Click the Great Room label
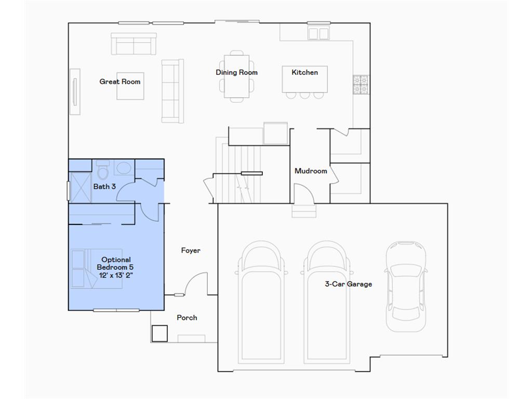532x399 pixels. [120, 82]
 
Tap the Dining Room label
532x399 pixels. [236, 72]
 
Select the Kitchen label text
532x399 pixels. [304, 72]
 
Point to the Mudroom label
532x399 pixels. [311, 171]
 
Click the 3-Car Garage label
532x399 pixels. [348, 284]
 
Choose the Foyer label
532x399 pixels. [191, 250]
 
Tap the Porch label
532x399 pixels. [187, 317]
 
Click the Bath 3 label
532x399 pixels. [104, 186]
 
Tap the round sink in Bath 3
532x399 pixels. [124, 168]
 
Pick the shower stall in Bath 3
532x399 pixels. [79, 187]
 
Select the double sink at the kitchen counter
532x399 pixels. [318, 34]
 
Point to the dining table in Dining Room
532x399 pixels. [236, 76]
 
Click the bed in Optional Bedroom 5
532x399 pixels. [96, 269]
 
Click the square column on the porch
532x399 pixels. [159, 333]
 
